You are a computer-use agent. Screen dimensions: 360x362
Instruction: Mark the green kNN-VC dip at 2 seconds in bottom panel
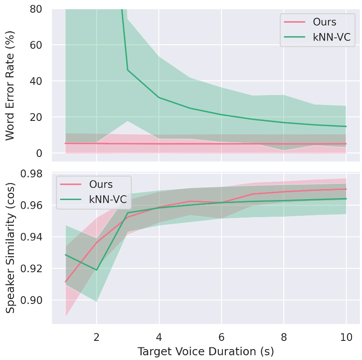(x=97, y=270)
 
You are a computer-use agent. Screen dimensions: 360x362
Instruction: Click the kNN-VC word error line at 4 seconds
(x=159, y=97)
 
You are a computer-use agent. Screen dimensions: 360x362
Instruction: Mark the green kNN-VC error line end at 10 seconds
(x=345, y=127)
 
